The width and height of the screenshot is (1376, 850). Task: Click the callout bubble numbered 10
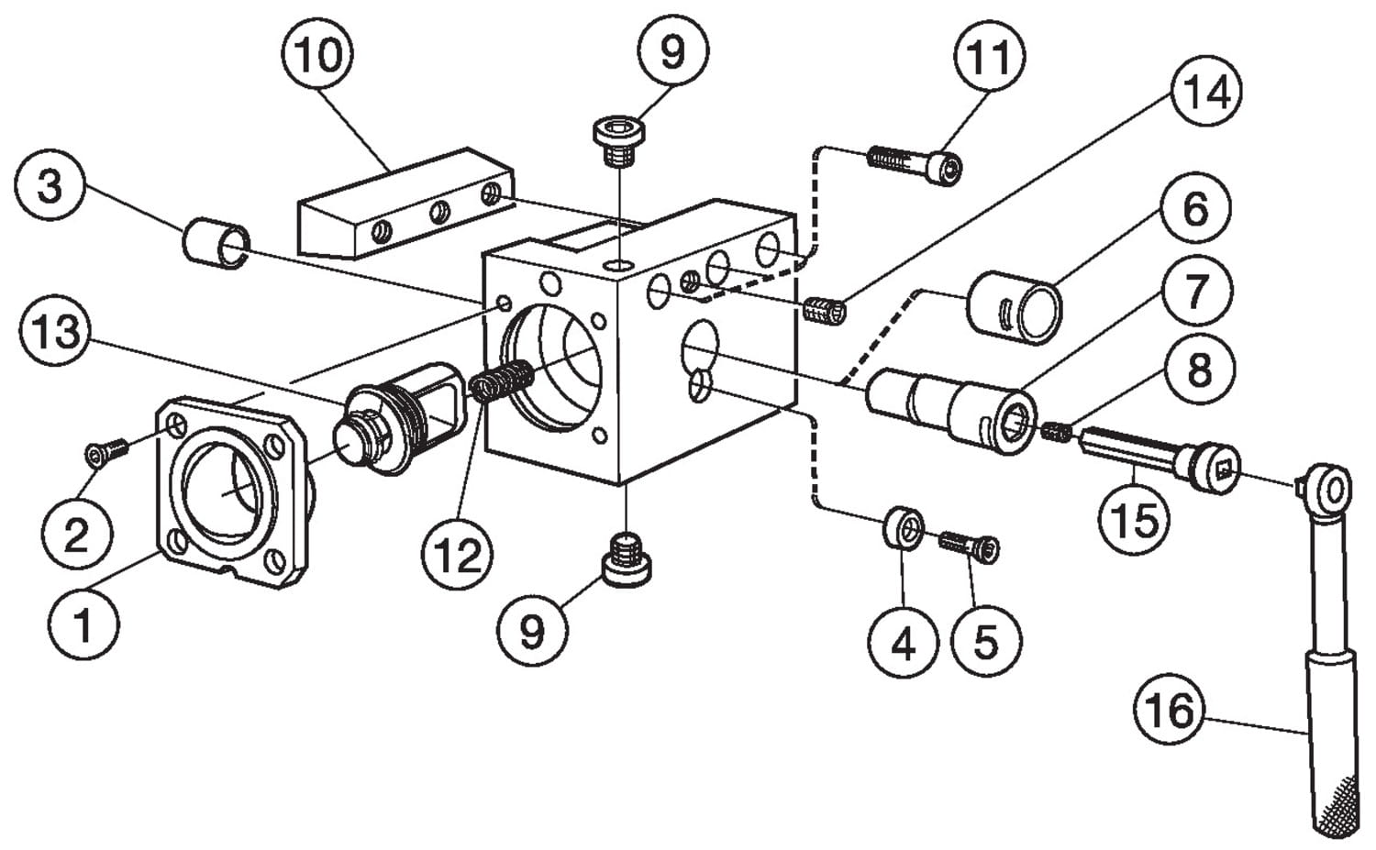coord(317,54)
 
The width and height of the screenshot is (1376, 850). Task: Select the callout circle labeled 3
coord(50,186)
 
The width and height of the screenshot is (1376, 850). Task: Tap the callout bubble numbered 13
coord(57,331)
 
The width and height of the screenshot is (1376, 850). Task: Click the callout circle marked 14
coord(1208,94)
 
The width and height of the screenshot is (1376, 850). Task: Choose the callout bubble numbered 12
coord(458,554)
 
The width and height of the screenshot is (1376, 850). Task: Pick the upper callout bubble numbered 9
coord(672,52)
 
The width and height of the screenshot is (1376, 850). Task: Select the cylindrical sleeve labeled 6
coord(1015,307)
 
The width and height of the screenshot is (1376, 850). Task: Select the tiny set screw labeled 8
coord(1057,428)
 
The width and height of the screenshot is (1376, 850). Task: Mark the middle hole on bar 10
coord(440,213)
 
